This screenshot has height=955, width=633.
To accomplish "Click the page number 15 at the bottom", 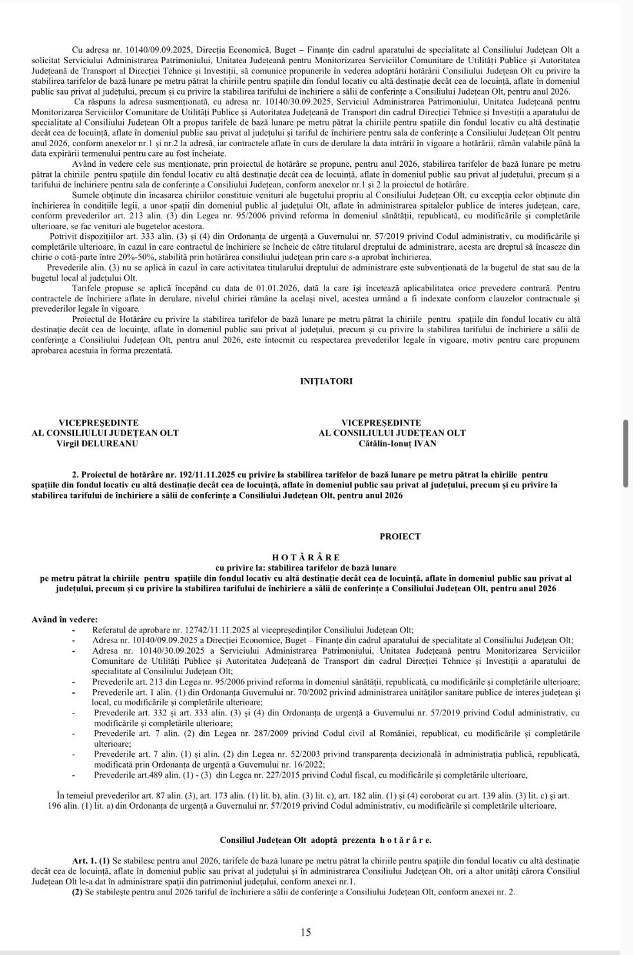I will click(x=306, y=932).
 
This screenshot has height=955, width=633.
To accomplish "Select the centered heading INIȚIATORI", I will click(x=326, y=381).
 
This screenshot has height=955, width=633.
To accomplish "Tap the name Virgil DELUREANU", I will click(x=97, y=443).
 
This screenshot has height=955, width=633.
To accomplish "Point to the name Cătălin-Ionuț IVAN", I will click(x=397, y=443).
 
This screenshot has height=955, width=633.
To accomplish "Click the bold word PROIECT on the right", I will click(x=400, y=536).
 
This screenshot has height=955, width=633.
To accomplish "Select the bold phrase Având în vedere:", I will click(x=64, y=619).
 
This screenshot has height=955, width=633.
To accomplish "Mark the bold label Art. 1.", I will click(x=84, y=860).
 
